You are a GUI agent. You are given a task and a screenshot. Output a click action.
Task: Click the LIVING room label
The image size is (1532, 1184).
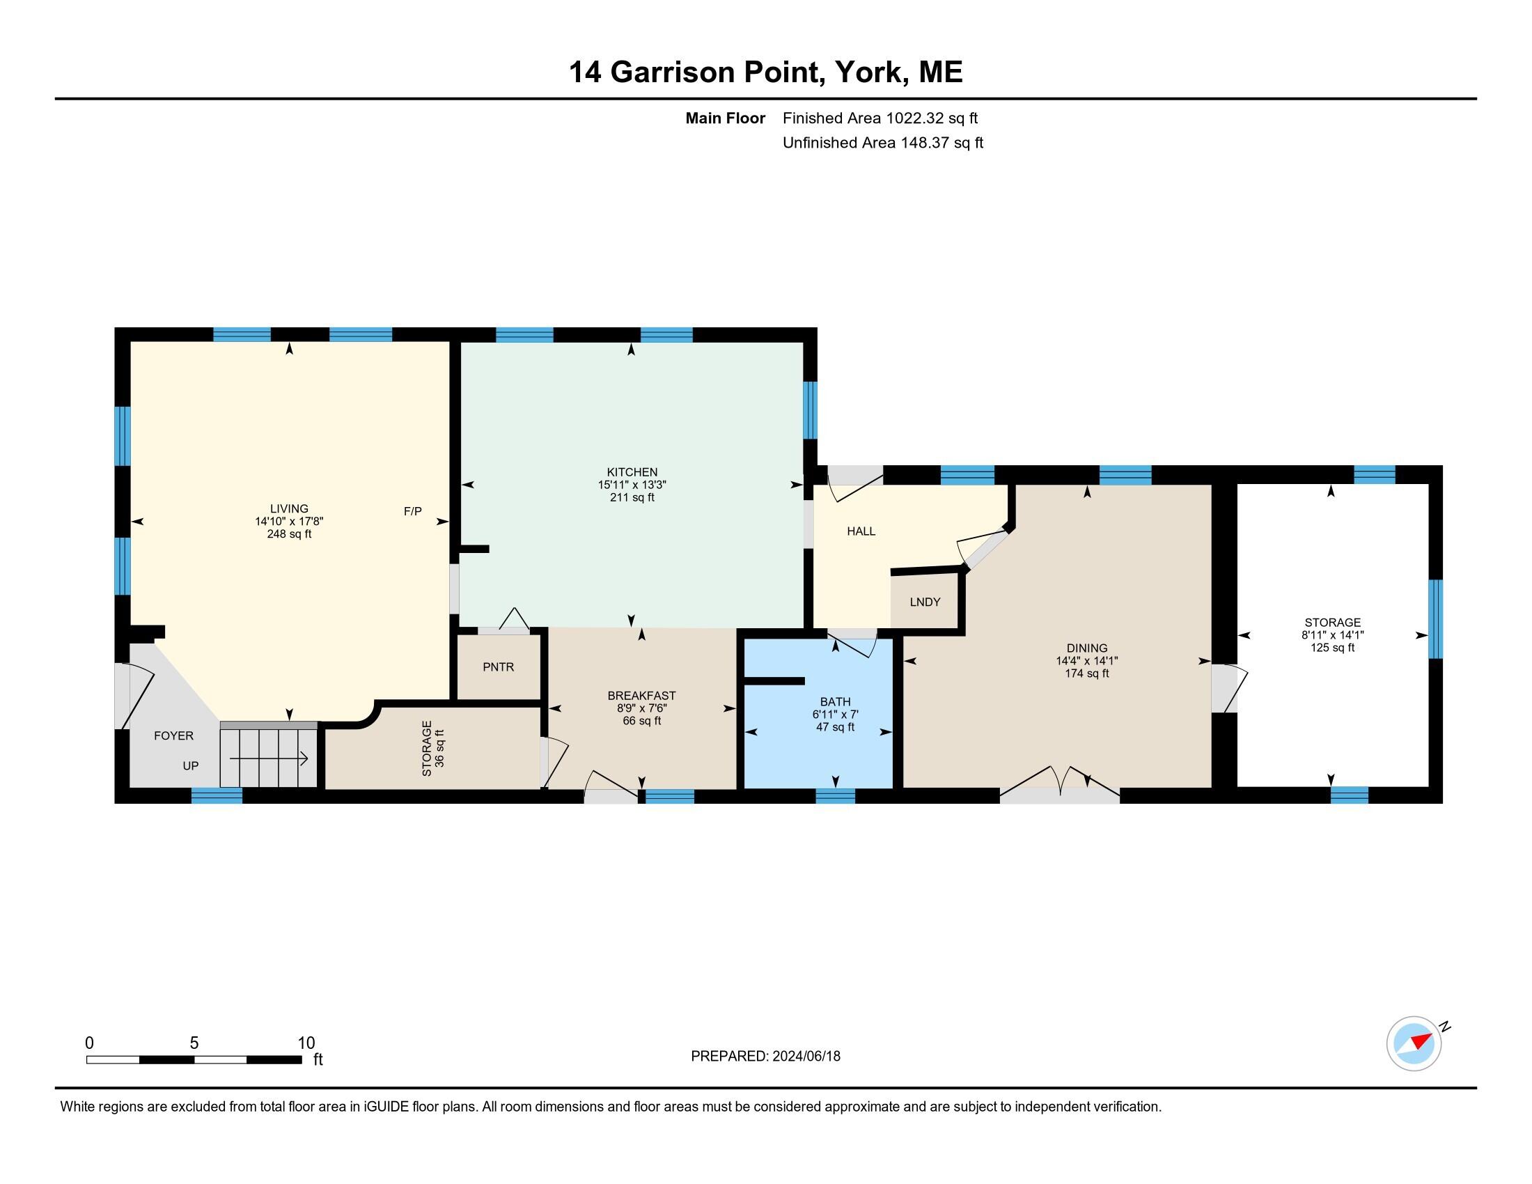(289, 508)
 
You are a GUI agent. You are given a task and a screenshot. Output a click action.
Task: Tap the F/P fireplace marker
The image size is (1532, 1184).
(412, 511)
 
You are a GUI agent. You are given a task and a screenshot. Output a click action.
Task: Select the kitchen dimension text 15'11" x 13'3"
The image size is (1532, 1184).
(632, 485)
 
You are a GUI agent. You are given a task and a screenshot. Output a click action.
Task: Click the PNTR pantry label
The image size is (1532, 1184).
(498, 667)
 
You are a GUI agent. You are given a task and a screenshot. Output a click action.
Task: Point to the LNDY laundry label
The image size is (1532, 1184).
(925, 602)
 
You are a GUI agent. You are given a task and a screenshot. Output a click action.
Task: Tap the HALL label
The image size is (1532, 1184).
(861, 531)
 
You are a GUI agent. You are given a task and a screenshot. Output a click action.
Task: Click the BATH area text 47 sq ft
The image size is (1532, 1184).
(835, 726)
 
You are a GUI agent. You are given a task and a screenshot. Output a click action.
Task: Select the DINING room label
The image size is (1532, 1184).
(1086, 648)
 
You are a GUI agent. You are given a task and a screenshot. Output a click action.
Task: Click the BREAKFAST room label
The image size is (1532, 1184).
(641, 696)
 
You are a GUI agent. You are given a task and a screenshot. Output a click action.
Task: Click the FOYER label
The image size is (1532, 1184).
(173, 735)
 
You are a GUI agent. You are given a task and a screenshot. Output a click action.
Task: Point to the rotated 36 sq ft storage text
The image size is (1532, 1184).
(440, 749)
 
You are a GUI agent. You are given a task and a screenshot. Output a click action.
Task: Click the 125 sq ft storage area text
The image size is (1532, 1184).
(1332, 648)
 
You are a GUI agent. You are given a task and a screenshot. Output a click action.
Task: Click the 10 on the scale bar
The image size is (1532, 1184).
(306, 1043)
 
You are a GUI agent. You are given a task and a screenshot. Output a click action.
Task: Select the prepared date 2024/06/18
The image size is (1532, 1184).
(806, 1057)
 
